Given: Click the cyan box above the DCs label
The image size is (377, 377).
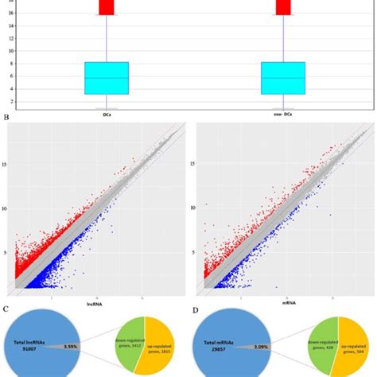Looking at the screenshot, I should tap(107, 78).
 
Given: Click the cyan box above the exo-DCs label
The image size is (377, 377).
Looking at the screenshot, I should tap(283, 78).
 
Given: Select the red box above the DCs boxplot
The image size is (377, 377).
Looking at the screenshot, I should tap(107, 7).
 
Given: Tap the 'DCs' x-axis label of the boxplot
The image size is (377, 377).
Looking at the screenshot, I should tap(106, 114).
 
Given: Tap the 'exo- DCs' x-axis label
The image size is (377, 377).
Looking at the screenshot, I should tap(283, 114).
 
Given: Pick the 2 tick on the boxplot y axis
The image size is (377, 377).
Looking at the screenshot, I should tap(12, 100).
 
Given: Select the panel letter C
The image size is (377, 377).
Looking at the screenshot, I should tap(6, 309).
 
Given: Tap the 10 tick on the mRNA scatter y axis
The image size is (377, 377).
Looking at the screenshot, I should tap(191, 209).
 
